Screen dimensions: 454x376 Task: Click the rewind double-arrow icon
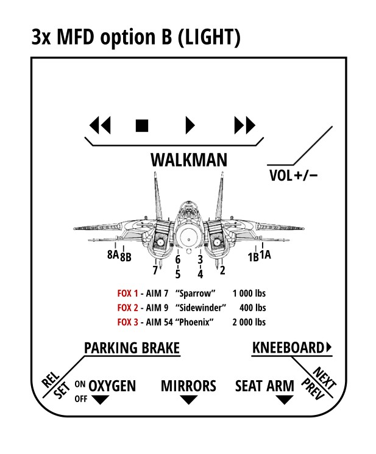[x=100, y=126]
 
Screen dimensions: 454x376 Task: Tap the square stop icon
[x=142, y=126]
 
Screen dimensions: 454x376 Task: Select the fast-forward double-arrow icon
[x=245, y=126]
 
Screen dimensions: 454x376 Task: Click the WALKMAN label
[x=189, y=160]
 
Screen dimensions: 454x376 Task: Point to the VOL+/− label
[x=293, y=176]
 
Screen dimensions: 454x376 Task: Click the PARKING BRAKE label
[x=132, y=348]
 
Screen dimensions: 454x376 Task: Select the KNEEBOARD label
[x=288, y=348]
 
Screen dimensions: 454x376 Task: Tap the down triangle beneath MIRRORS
[x=189, y=400]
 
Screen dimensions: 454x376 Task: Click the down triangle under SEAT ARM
[x=283, y=400]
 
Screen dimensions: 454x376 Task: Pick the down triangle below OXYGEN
[x=99, y=400]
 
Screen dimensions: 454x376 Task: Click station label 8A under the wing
[x=112, y=255]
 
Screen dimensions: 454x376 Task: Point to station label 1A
[x=265, y=255]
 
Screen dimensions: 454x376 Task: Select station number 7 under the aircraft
[x=155, y=270]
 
